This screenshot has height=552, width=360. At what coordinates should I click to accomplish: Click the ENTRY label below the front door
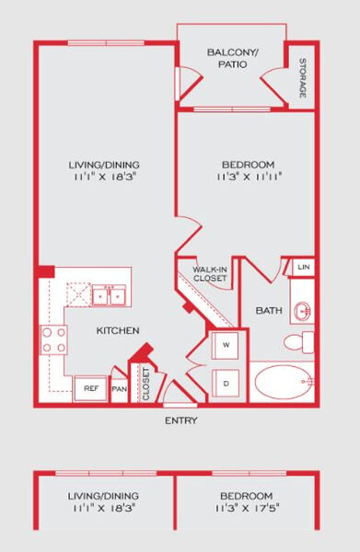(181, 420)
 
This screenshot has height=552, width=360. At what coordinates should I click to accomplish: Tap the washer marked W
(226, 345)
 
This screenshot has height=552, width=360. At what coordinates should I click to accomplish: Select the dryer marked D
(226, 383)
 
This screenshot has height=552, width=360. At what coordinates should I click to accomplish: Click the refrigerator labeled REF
(90, 388)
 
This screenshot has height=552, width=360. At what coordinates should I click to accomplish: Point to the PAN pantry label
(120, 389)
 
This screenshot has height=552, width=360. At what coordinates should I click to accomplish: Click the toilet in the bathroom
(298, 342)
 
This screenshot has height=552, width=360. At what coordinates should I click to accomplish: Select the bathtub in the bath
(284, 382)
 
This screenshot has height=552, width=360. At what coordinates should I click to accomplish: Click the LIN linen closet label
(304, 267)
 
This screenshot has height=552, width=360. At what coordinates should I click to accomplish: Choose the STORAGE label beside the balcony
(303, 78)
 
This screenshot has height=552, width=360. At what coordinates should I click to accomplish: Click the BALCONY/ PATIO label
(233, 59)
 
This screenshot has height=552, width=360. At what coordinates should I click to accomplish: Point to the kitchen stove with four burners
(54, 339)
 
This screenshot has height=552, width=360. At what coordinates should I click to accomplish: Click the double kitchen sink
(109, 295)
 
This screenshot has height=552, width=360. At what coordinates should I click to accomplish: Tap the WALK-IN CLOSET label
(210, 274)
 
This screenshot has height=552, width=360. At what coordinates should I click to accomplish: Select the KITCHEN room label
(118, 330)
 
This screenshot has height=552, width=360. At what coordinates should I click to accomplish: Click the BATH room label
(269, 311)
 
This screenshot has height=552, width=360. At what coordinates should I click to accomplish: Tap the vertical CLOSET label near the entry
(145, 384)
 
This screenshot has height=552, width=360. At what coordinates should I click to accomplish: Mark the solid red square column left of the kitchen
(46, 271)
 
